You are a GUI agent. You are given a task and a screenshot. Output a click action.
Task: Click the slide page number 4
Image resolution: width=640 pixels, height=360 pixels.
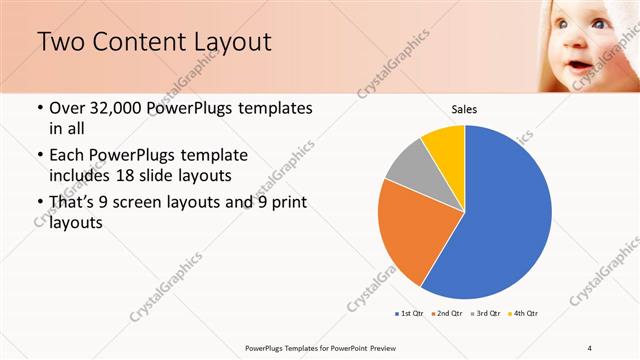(589, 348)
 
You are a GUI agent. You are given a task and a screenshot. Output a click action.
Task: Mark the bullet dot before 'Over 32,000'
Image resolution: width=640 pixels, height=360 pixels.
(39, 108)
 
